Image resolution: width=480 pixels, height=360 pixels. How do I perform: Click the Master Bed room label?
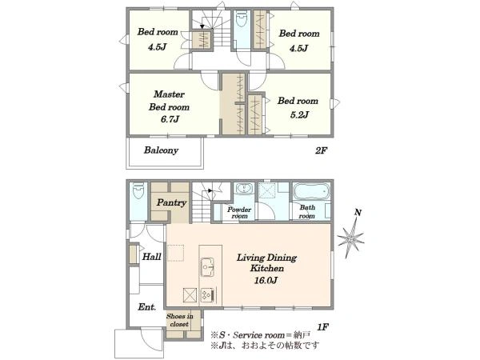[x=169, y=101]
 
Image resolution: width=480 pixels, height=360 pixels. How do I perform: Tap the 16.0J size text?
[x=266, y=280]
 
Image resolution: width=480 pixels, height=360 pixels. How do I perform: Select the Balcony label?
[x=161, y=150]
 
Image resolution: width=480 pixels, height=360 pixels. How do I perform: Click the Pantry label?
[x=171, y=202]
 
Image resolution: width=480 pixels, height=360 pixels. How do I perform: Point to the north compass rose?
[x=351, y=235]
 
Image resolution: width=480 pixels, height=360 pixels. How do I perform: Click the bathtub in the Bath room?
[x=312, y=192]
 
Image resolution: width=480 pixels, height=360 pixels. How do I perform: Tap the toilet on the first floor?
[x=138, y=191]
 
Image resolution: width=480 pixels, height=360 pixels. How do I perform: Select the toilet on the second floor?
[x=242, y=19]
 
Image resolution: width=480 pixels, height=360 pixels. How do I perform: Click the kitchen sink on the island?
[x=207, y=267]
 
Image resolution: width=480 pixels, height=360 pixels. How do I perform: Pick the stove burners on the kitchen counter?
[x=207, y=294]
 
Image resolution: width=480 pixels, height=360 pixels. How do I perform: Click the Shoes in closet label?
[x=180, y=320]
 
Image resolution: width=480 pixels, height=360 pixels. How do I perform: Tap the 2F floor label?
[x=322, y=150]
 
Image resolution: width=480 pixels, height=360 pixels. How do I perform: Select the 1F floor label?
[x=322, y=327]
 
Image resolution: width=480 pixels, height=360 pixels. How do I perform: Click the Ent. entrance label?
[x=147, y=306]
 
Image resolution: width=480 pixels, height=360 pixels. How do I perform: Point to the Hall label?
[x=151, y=256]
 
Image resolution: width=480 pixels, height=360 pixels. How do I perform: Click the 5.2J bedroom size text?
[x=299, y=114]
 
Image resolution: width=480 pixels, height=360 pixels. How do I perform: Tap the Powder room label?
[x=239, y=213]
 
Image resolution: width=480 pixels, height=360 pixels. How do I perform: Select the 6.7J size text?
[x=170, y=119]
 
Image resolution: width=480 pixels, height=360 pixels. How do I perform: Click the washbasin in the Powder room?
[x=244, y=189]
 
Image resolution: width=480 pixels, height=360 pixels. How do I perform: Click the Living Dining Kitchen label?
[x=266, y=262]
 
